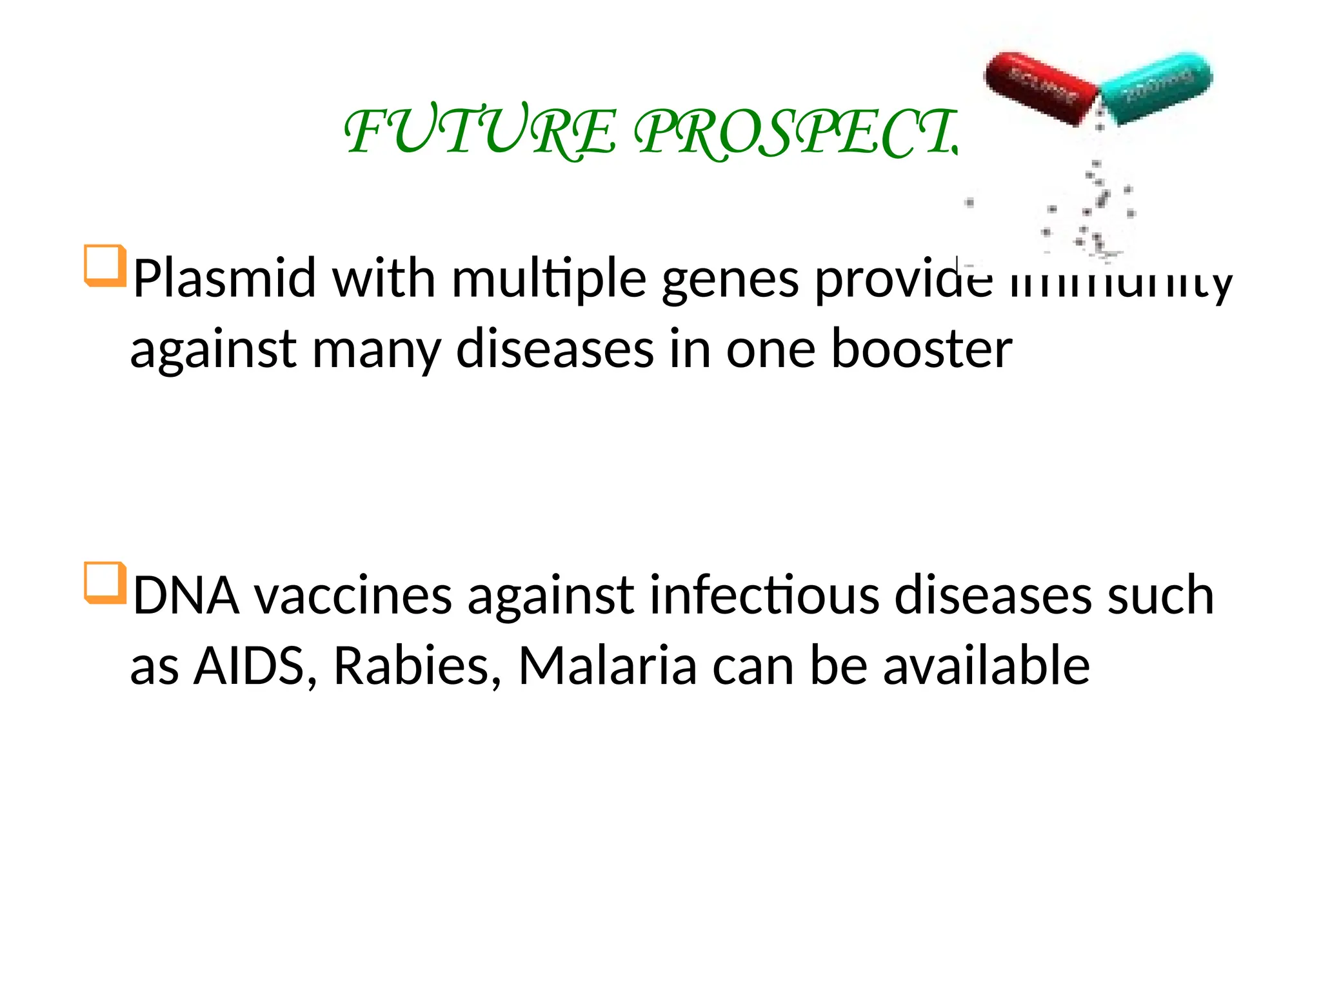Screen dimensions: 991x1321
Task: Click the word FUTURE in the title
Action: (481, 132)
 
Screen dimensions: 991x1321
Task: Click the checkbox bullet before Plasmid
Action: (104, 265)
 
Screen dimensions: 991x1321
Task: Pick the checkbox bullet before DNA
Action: (104, 583)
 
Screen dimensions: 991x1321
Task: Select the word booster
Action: (921, 349)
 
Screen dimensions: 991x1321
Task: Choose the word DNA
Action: (186, 596)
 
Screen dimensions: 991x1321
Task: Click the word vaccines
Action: (353, 596)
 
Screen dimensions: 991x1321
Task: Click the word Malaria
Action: (607, 666)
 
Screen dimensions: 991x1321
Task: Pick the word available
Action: (986, 666)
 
